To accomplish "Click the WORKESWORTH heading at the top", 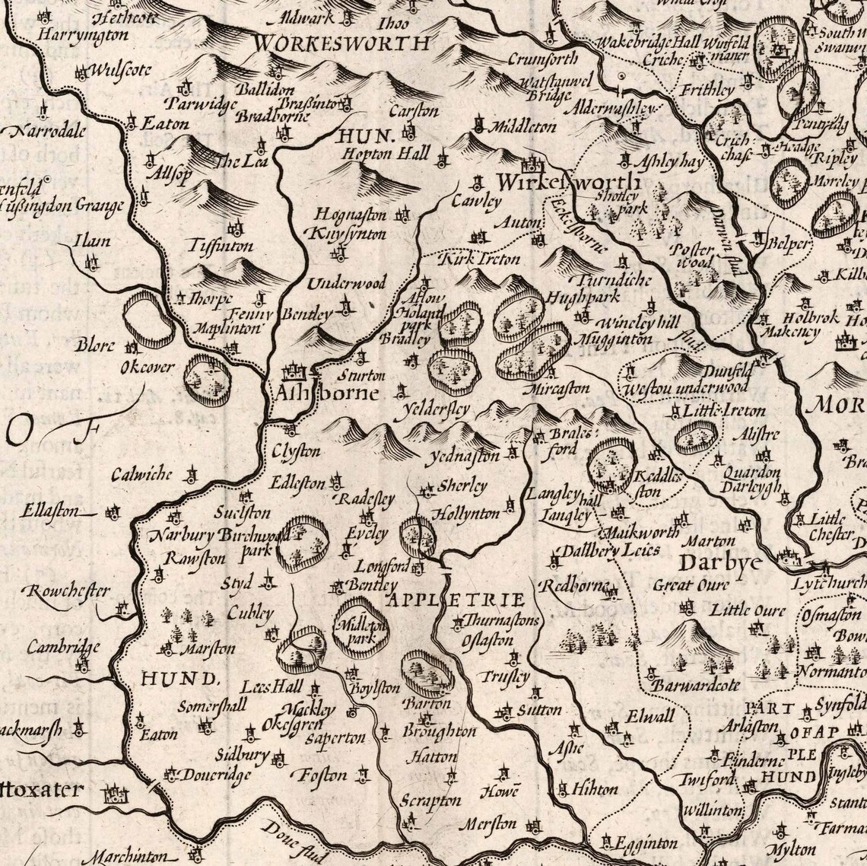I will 341,43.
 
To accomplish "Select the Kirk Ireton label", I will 482,259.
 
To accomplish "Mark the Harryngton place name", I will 71,35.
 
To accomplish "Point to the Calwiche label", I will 141,476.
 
